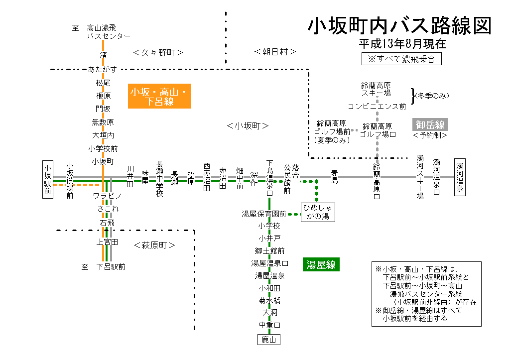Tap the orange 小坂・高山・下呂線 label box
(159, 97)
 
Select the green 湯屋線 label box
(321, 265)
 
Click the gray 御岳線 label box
(430, 124)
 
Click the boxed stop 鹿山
(268, 340)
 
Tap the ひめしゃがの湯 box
(318, 212)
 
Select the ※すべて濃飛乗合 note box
(401, 59)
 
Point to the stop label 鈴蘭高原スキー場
(376, 89)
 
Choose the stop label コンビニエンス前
(377, 106)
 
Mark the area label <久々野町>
(158, 52)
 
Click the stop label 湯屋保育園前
(263, 214)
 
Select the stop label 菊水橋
(269, 300)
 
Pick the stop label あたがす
(103, 69)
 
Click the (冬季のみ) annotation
(432, 96)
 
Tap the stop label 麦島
(335, 177)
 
